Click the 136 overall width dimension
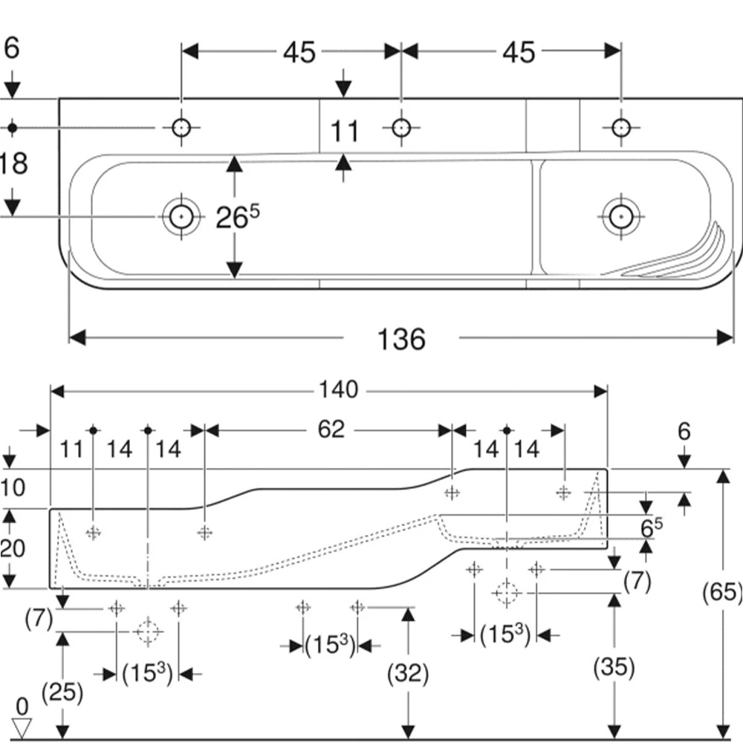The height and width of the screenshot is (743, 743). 401,340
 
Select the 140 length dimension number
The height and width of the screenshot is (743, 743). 338,390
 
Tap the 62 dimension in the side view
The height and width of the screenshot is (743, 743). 331,429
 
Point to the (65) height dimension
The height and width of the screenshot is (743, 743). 722,592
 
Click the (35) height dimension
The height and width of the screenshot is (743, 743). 614,667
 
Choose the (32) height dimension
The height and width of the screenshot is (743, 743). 407,673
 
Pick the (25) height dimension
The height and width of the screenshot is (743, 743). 62,692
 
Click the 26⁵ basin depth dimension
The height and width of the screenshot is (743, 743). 238,217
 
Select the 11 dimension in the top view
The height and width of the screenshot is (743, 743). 344,132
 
